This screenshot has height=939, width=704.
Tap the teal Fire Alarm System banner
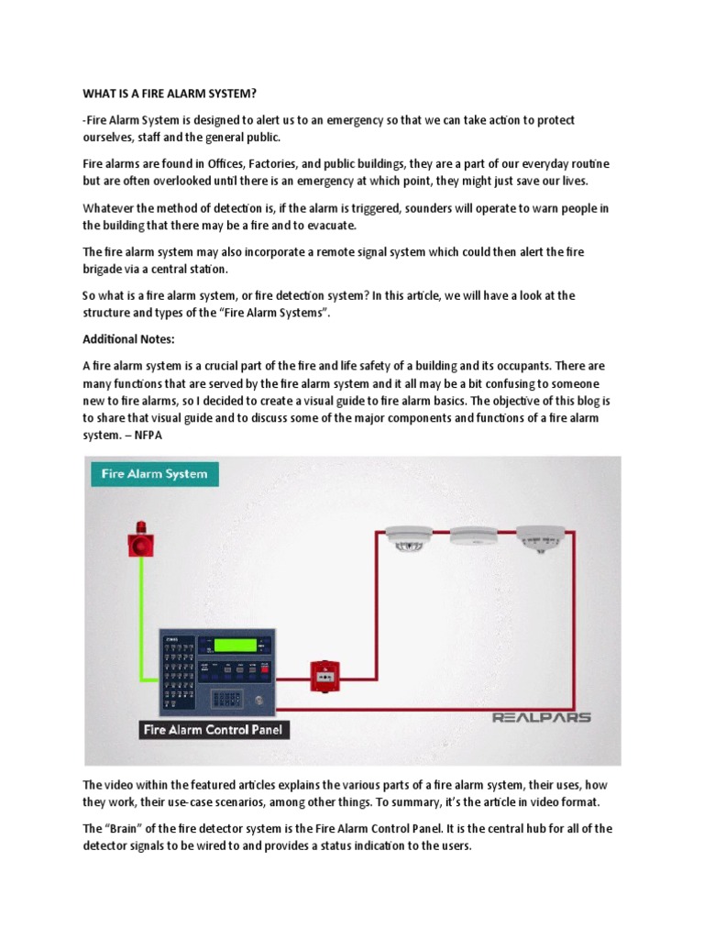pyautogui.click(x=152, y=474)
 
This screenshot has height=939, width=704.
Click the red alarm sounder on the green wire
pyautogui.click(x=141, y=542)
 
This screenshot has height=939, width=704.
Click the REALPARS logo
pyautogui.click(x=543, y=717)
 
